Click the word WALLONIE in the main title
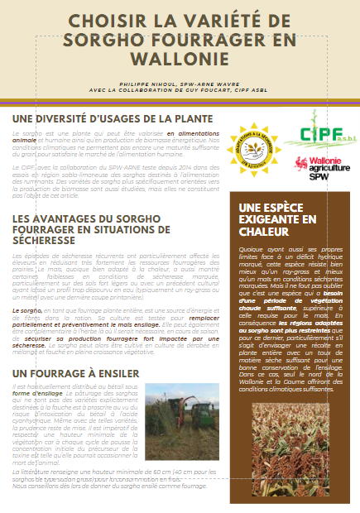(180, 70)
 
